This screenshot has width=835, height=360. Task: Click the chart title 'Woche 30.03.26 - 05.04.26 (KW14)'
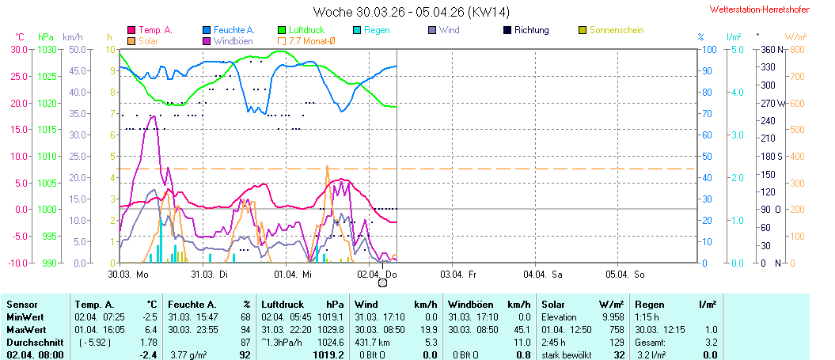click(411, 12)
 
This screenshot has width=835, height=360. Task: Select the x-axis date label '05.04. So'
click(625, 274)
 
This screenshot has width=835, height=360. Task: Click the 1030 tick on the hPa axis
click(47, 49)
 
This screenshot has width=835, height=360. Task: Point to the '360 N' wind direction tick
click(772, 49)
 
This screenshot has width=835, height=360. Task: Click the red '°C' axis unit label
click(21, 36)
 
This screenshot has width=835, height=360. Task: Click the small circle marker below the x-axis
click(383, 283)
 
